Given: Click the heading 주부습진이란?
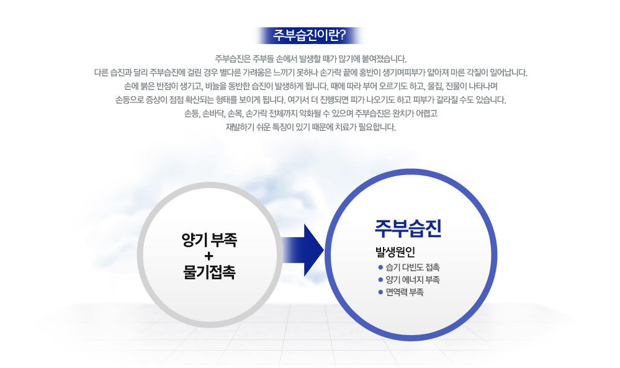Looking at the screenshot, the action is [x=310, y=35].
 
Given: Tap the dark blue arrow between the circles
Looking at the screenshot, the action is [x=302, y=250].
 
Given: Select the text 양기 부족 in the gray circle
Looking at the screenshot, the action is [x=209, y=240].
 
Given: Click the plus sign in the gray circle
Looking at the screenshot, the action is [x=209, y=256].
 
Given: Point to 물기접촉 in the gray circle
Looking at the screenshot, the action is [x=209, y=272].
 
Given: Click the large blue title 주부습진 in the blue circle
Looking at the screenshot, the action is [x=408, y=228].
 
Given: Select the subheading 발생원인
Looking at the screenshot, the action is [x=395, y=252].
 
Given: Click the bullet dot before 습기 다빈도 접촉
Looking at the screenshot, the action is [x=380, y=267].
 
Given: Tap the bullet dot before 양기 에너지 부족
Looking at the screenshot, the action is [x=380, y=280].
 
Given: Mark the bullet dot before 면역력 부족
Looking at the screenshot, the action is [x=380, y=292].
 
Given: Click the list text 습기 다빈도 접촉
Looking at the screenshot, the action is [x=413, y=267].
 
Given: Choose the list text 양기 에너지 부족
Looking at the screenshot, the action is [x=413, y=280].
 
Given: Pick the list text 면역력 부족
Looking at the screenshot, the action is [x=405, y=292].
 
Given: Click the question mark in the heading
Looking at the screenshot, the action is [x=343, y=35].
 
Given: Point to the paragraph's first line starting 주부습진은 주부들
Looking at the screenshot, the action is [x=310, y=60].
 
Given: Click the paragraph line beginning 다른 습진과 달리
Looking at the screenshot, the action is [x=310, y=73].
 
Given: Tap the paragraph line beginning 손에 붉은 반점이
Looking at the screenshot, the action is [x=310, y=86].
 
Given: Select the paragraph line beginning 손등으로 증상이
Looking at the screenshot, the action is [x=310, y=100].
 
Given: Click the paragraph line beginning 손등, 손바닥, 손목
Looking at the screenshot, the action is [x=310, y=114].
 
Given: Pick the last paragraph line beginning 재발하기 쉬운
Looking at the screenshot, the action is [x=310, y=127].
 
